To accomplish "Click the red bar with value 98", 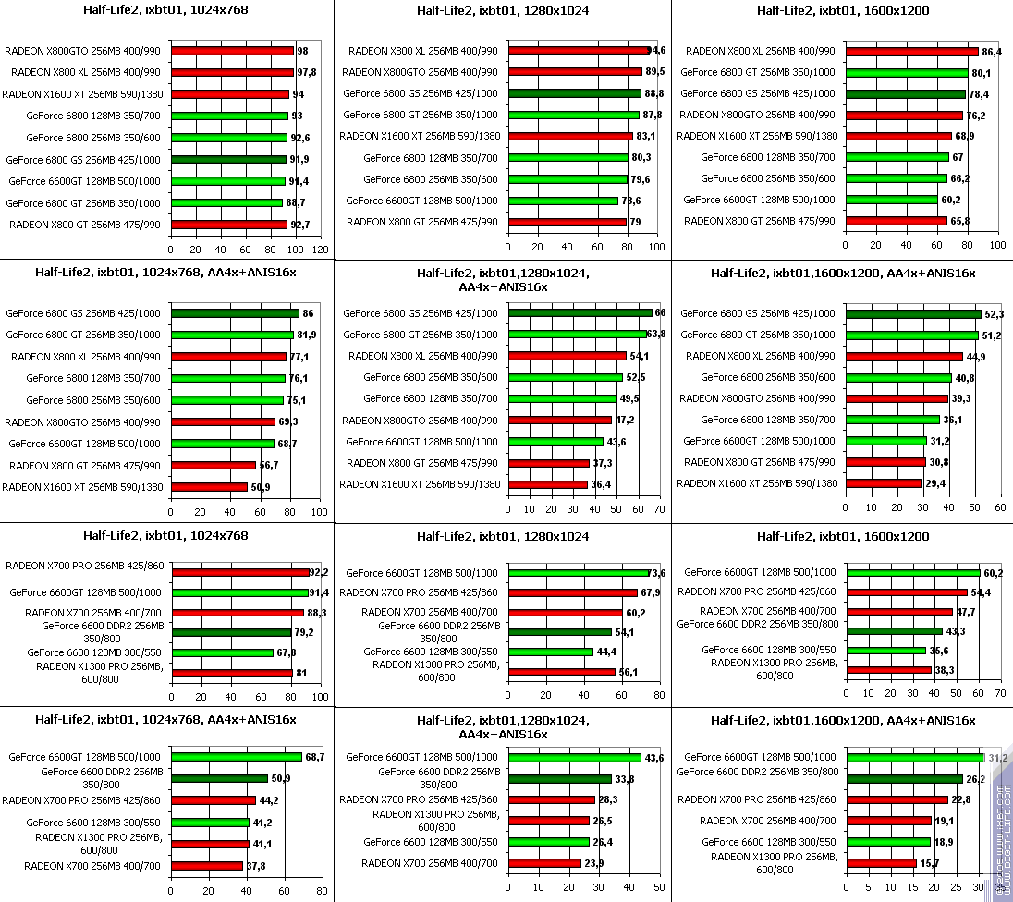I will point(232,51).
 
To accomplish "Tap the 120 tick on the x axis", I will point(320,250).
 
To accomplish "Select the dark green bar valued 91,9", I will point(229,159).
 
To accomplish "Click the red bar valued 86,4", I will point(910,51).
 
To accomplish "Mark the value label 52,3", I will point(994,313).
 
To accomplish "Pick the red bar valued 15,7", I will point(882,863).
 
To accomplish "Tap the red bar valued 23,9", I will point(544,863).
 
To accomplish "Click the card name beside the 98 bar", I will point(85,51).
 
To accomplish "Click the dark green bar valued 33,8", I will point(560,778).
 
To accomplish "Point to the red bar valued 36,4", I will point(548,484).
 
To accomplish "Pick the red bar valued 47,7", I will point(899,611).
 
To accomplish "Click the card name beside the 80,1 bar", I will point(758,72).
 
